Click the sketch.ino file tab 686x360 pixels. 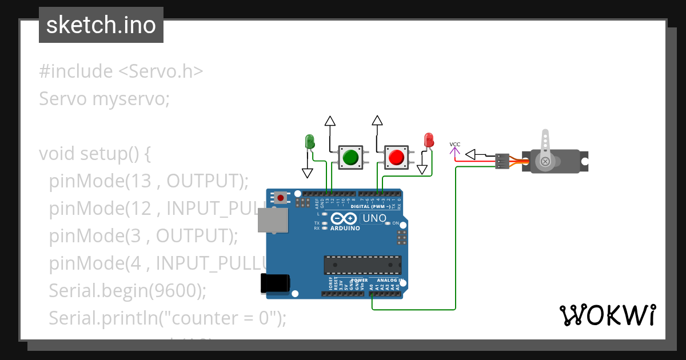click(101, 25)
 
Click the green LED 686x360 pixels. click(309, 141)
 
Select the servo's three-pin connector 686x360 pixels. click(502, 161)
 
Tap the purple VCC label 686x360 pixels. click(455, 145)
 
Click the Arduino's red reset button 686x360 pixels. click(280, 198)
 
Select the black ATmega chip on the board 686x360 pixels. click(362, 265)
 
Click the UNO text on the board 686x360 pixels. click(375, 218)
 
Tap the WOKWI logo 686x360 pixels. click(607, 315)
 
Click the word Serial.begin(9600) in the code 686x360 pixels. click(127, 290)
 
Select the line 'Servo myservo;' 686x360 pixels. click(105, 99)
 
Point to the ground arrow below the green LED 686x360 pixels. click(308, 172)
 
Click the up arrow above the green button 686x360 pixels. click(330, 121)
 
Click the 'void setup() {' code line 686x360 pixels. click(94, 154)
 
